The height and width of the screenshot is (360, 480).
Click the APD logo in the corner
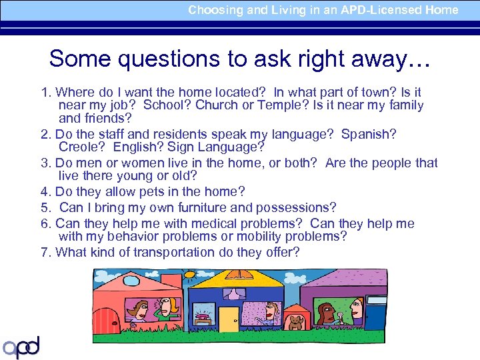21,346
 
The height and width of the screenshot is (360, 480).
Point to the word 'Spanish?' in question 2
369,135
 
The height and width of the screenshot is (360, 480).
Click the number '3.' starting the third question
47,163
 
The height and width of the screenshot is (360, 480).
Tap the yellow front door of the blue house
229,319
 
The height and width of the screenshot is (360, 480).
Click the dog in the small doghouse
295,323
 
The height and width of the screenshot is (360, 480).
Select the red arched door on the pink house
104,319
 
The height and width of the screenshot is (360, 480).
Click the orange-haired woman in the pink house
167,307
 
